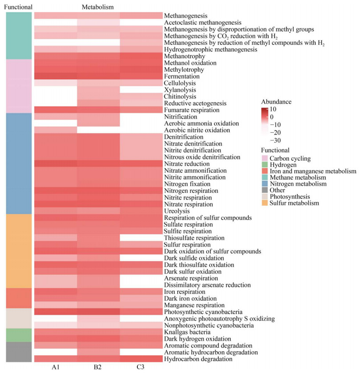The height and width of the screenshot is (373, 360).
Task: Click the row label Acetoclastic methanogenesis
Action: (x=203, y=23)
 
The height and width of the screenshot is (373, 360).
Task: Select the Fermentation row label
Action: (x=182, y=76)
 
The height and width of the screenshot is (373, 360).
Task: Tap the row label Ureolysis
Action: (x=177, y=211)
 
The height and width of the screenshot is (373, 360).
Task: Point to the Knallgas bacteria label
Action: (x=188, y=332)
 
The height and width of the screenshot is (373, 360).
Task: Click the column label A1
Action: (x=56, y=367)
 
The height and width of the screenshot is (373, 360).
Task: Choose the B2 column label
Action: (x=98, y=367)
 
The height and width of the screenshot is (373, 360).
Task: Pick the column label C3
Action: (x=140, y=367)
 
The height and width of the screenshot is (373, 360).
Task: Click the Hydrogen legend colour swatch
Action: (x=264, y=165)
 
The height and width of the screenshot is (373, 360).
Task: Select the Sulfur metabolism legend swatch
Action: (x=264, y=203)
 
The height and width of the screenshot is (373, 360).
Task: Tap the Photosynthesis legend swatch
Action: (x=264, y=196)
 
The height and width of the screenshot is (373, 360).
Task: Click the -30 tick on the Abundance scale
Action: (x=276, y=140)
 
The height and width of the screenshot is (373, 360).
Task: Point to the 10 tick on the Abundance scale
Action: (x=273, y=109)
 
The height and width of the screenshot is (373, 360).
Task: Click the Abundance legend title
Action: (x=276, y=102)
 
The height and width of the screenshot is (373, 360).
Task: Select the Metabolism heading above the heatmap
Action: (x=98, y=7)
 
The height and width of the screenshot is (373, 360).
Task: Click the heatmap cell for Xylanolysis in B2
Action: (x=98, y=90)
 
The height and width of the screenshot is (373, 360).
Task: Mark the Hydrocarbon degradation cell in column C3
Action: (x=141, y=359)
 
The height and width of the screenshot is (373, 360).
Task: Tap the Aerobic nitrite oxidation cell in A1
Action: (x=56, y=130)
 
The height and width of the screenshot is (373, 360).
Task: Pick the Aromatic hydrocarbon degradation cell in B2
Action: (x=98, y=352)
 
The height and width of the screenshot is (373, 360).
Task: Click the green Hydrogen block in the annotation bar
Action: (x=19, y=335)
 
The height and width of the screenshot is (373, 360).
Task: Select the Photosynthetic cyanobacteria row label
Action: (x=203, y=312)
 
